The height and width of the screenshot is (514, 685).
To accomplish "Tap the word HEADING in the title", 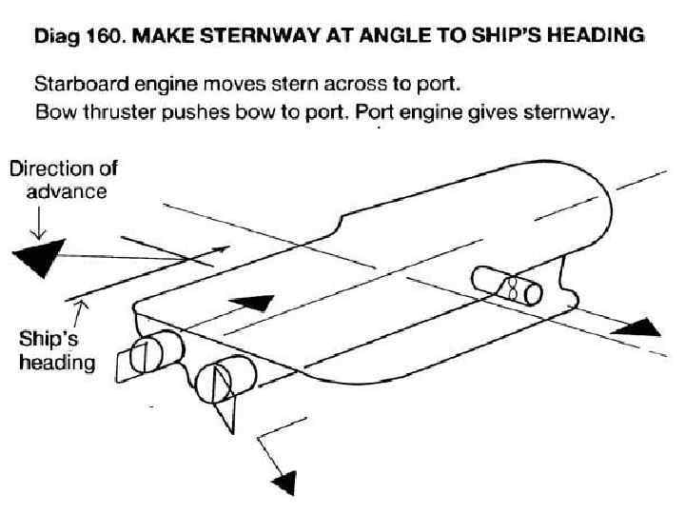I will [x=596, y=37].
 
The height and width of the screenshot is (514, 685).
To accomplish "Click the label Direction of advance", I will [x=63, y=181].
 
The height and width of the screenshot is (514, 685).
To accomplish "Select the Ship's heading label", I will [x=57, y=349].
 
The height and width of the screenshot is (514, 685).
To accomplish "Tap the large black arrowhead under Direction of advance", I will [x=37, y=258].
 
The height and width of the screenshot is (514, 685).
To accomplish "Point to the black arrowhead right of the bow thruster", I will [x=636, y=326].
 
